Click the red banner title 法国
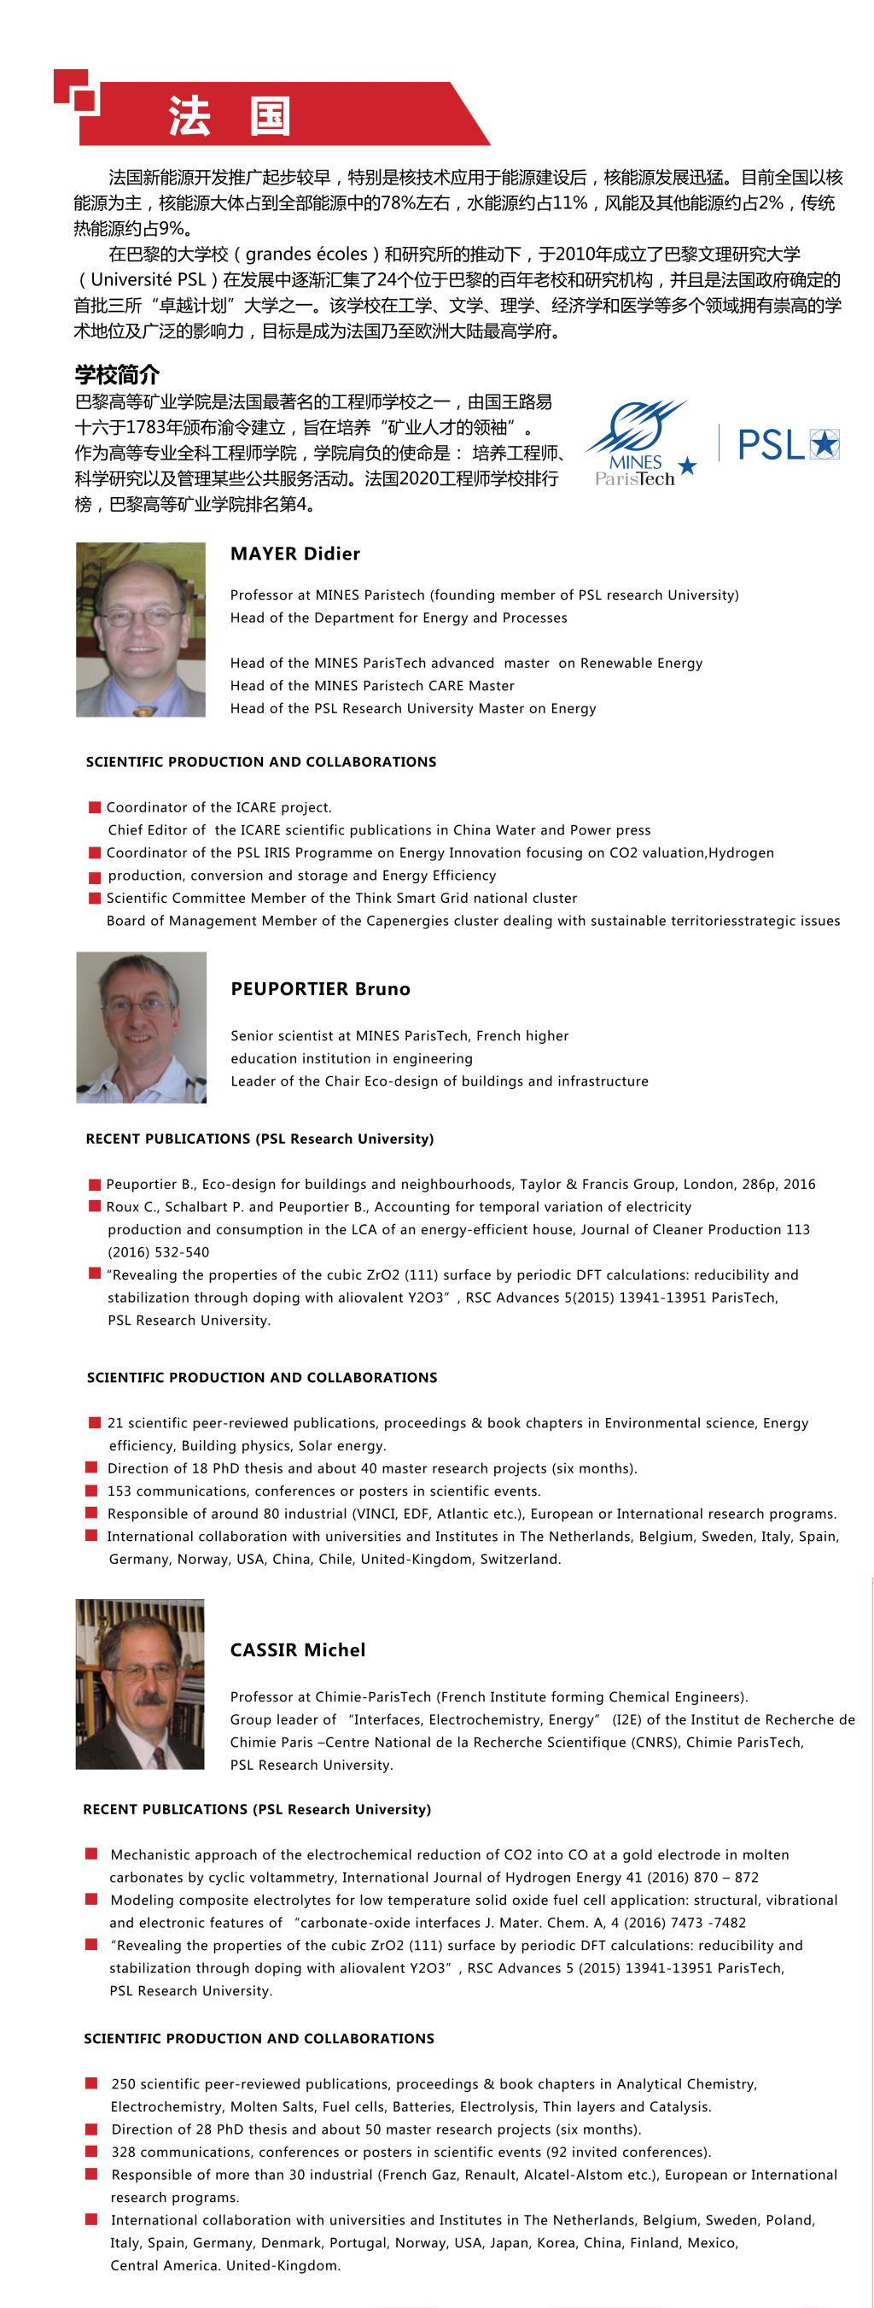pyautogui.click(x=230, y=116)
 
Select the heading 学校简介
pyautogui.click(x=116, y=374)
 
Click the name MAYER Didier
pyautogui.click(x=294, y=554)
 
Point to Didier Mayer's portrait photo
pyautogui.click(x=141, y=629)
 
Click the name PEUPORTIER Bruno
pyautogui.click(x=320, y=989)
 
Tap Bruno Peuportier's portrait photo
pyautogui.click(x=142, y=1027)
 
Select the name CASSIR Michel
pyautogui.click(x=297, y=1649)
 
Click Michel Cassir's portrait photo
pyautogui.click(x=141, y=1684)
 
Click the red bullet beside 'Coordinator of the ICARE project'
pyautogui.click(x=94, y=807)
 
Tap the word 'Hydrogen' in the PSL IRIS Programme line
pyautogui.click(x=741, y=853)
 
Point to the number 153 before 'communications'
pyautogui.click(x=119, y=1491)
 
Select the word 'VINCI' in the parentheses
pyautogui.click(x=381, y=1514)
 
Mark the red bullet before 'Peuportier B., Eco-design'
pyautogui.click(x=94, y=1184)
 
